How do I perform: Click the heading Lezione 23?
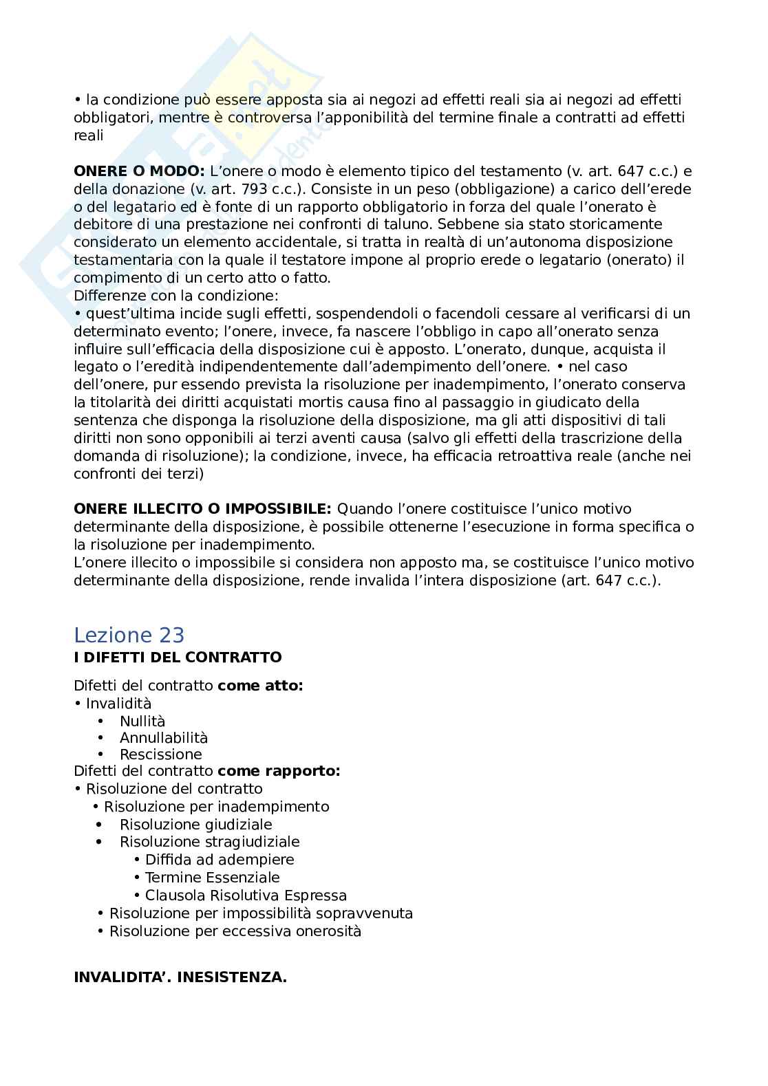[x=129, y=635]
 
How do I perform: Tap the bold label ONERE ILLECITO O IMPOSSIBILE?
[x=202, y=509]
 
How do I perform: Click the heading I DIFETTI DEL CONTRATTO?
[x=178, y=658]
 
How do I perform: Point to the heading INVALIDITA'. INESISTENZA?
[x=180, y=977]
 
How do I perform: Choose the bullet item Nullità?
[x=142, y=721]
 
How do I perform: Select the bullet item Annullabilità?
[x=164, y=738]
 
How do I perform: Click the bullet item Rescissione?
[x=161, y=754]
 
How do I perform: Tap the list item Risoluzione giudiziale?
[x=196, y=824]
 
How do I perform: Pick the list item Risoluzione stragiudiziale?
[x=210, y=842]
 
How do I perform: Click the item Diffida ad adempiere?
[x=220, y=860]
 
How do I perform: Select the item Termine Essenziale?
[x=212, y=878]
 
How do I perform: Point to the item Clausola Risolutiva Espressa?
[x=246, y=895]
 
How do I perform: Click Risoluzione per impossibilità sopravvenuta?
[x=261, y=913]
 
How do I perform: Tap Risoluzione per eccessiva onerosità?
[x=235, y=931]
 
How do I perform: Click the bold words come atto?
[x=260, y=686]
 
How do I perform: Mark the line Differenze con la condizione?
[x=176, y=296]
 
